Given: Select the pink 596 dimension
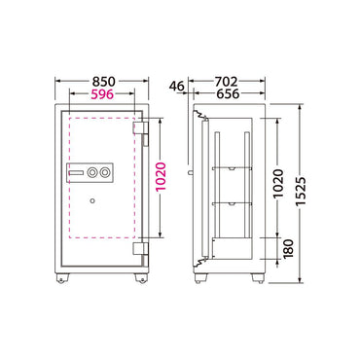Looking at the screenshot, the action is click(102, 94).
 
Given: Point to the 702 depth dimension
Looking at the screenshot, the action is click(227, 82).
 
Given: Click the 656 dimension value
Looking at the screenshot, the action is click(228, 94).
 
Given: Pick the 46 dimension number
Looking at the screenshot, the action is click(177, 87).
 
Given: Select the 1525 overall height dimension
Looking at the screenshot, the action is click(302, 193).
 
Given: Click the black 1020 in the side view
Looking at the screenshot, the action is click(278, 184).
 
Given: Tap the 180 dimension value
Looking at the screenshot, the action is click(288, 249).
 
